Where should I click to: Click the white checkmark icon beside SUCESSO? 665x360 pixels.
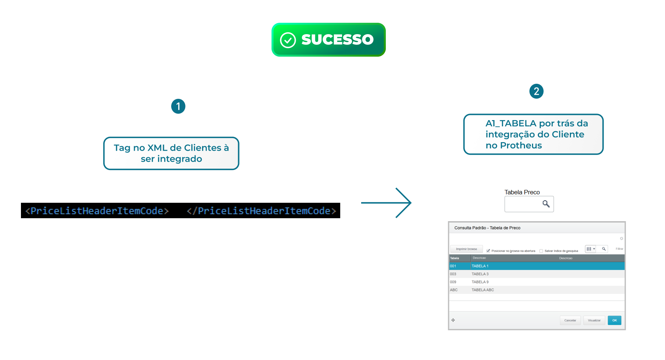pyautogui.click(x=288, y=40)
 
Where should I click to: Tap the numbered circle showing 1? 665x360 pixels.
pyautogui.click(x=178, y=107)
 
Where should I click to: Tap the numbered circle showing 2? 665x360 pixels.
pyautogui.click(x=536, y=91)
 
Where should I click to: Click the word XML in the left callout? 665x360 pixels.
pyautogui.click(x=157, y=148)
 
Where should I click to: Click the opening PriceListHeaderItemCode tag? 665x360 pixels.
pyautogui.click(x=97, y=211)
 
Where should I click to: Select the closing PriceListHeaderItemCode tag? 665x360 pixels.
pyautogui.click(x=262, y=211)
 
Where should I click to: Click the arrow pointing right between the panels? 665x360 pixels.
pyautogui.click(x=386, y=203)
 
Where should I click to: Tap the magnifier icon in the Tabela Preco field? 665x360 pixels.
pyautogui.click(x=546, y=204)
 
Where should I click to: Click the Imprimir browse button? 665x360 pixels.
pyautogui.click(x=467, y=249)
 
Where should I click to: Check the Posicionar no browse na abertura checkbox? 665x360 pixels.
pyautogui.click(x=488, y=251)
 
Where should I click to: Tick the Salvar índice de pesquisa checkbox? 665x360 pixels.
pyautogui.click(x=541, y=251)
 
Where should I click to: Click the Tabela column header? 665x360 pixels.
pyautogui.click(x=455, y=258)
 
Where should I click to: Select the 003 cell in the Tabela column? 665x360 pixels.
pyautogui.click(x=453, y=274)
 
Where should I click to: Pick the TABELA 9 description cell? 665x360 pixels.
pyautogui.click(x=480, y=282)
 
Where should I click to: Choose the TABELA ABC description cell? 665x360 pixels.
pyautogui.click(x=483, y=290)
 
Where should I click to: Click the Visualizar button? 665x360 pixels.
pyautogui.click(x=594, y=320)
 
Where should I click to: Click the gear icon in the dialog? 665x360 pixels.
pyautogui.click(x=622, y=238)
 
